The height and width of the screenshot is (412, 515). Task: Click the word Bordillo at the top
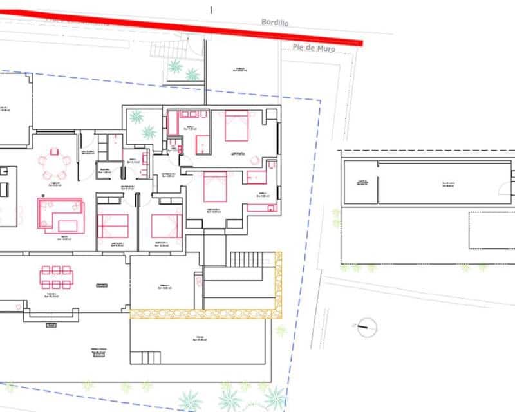point(275,22)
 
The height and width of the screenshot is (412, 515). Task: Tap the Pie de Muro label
point(314,48)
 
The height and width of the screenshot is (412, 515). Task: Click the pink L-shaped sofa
point(60,214)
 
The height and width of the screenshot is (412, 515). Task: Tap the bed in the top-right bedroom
point(236,126)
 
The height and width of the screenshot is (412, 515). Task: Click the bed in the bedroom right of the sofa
point(113,225)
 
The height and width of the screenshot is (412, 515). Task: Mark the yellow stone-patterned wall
point(206,314)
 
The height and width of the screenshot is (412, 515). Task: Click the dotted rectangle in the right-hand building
point(491,230)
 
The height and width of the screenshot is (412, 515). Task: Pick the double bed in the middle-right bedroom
point(215,187)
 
